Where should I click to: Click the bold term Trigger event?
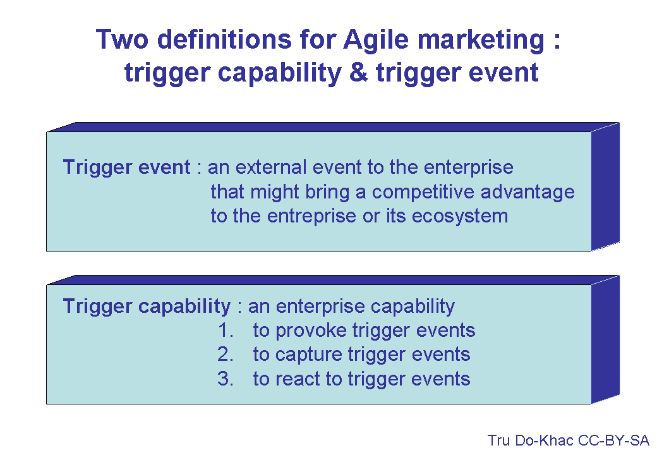(126, 167)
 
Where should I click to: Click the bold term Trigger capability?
(147, 306)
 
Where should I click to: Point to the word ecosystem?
(459, 215)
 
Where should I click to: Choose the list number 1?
(225, 331)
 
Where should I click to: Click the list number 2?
(225, 355)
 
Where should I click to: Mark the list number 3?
(225, 379)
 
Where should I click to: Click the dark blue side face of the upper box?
(605, 186)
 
